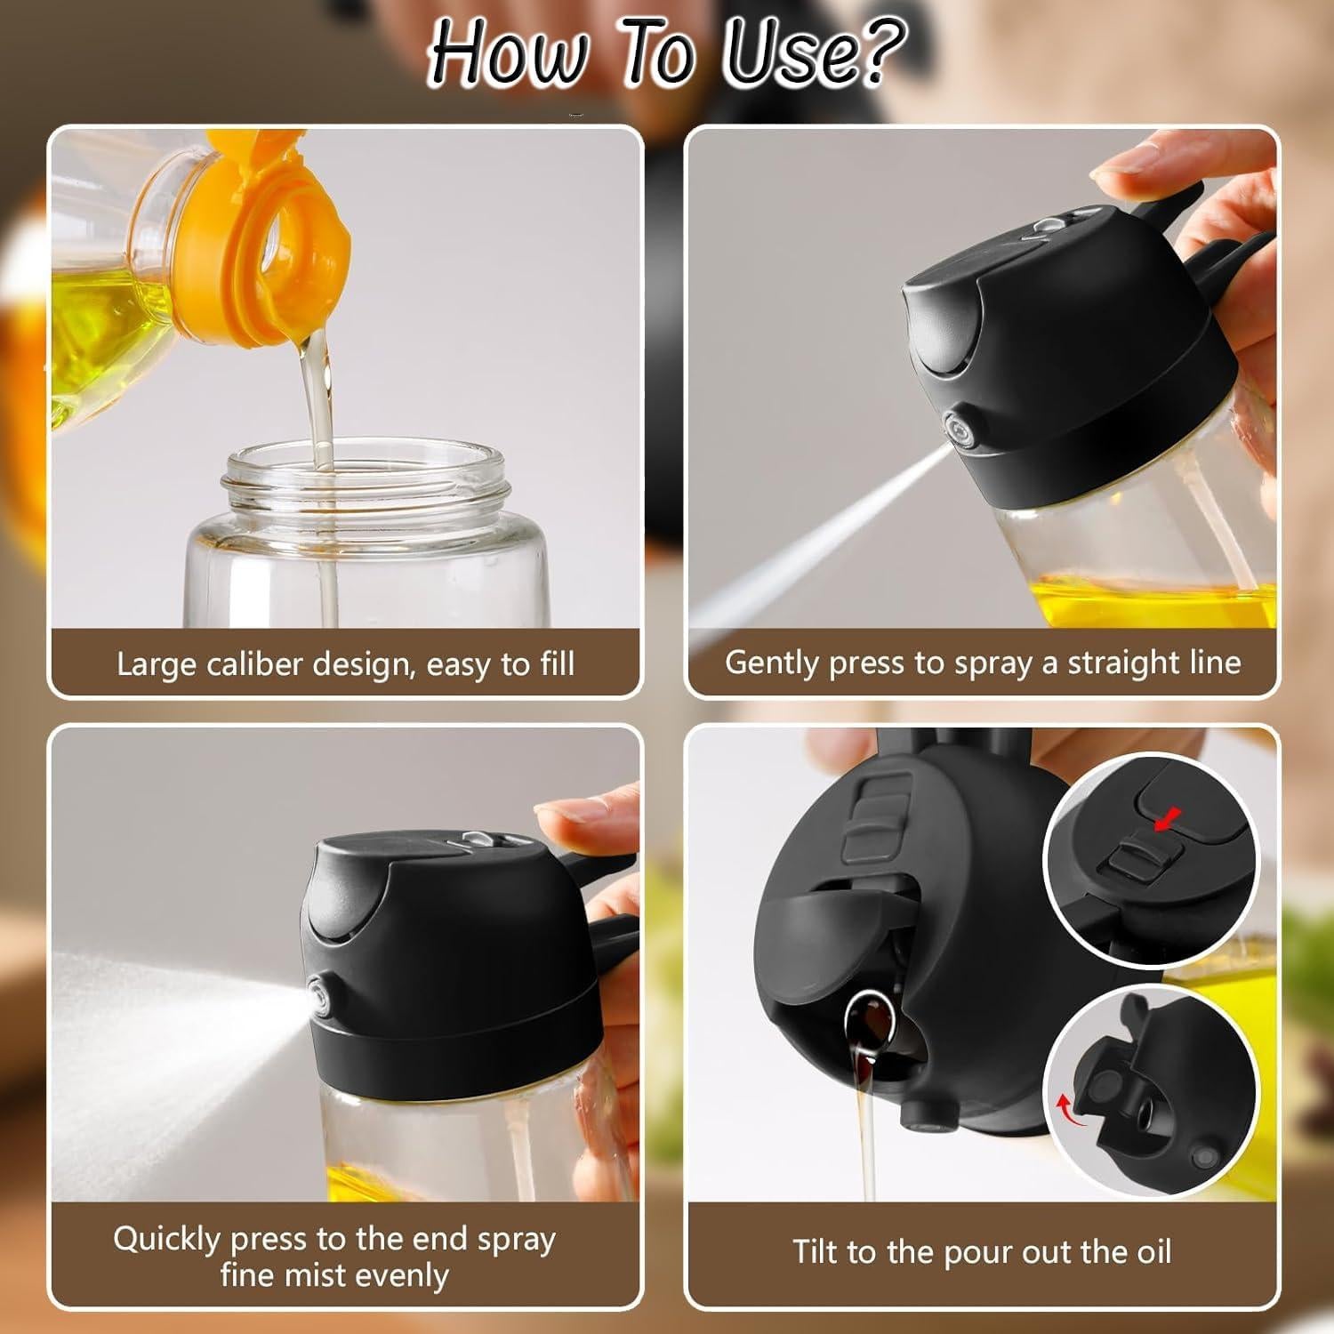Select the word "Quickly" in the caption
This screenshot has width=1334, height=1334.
point(166,1240)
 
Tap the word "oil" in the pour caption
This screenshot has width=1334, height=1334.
point(1154,1251)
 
